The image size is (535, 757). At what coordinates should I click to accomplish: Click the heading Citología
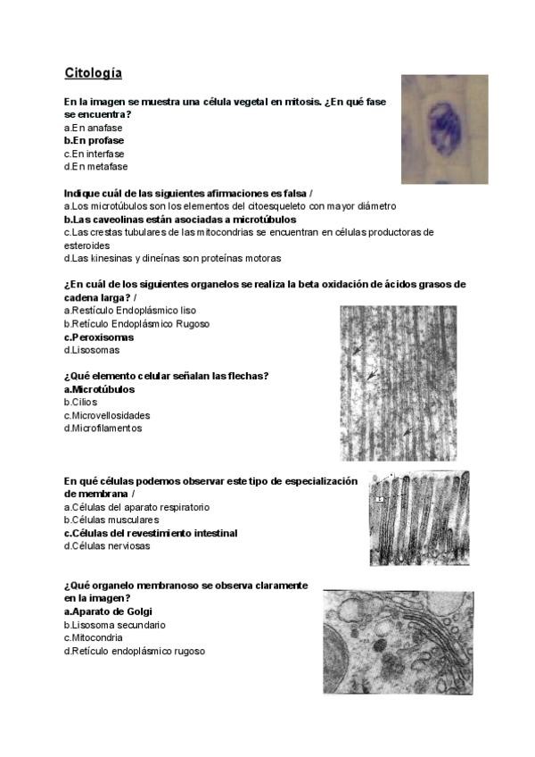(93, 72)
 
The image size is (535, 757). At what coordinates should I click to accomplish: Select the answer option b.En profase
(94, 140)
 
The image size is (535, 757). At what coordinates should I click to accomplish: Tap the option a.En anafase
(93, 128)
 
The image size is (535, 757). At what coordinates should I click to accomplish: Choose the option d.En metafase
(95, 166)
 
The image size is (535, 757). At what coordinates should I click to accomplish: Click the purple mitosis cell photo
(444, 129)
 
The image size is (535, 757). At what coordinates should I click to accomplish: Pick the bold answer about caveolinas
(180, 219)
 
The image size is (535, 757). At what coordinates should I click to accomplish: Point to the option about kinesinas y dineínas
(172, 258)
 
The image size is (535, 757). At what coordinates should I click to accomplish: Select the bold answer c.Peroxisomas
(99, 337)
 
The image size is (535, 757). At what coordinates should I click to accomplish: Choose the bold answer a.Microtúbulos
(100, 389)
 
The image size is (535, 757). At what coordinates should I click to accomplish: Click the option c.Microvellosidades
(107, 415)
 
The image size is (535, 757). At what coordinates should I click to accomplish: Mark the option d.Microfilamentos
(103, 428)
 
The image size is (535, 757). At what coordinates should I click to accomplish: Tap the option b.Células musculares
(111, 520)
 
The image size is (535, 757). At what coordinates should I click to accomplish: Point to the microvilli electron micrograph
(422, 519)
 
